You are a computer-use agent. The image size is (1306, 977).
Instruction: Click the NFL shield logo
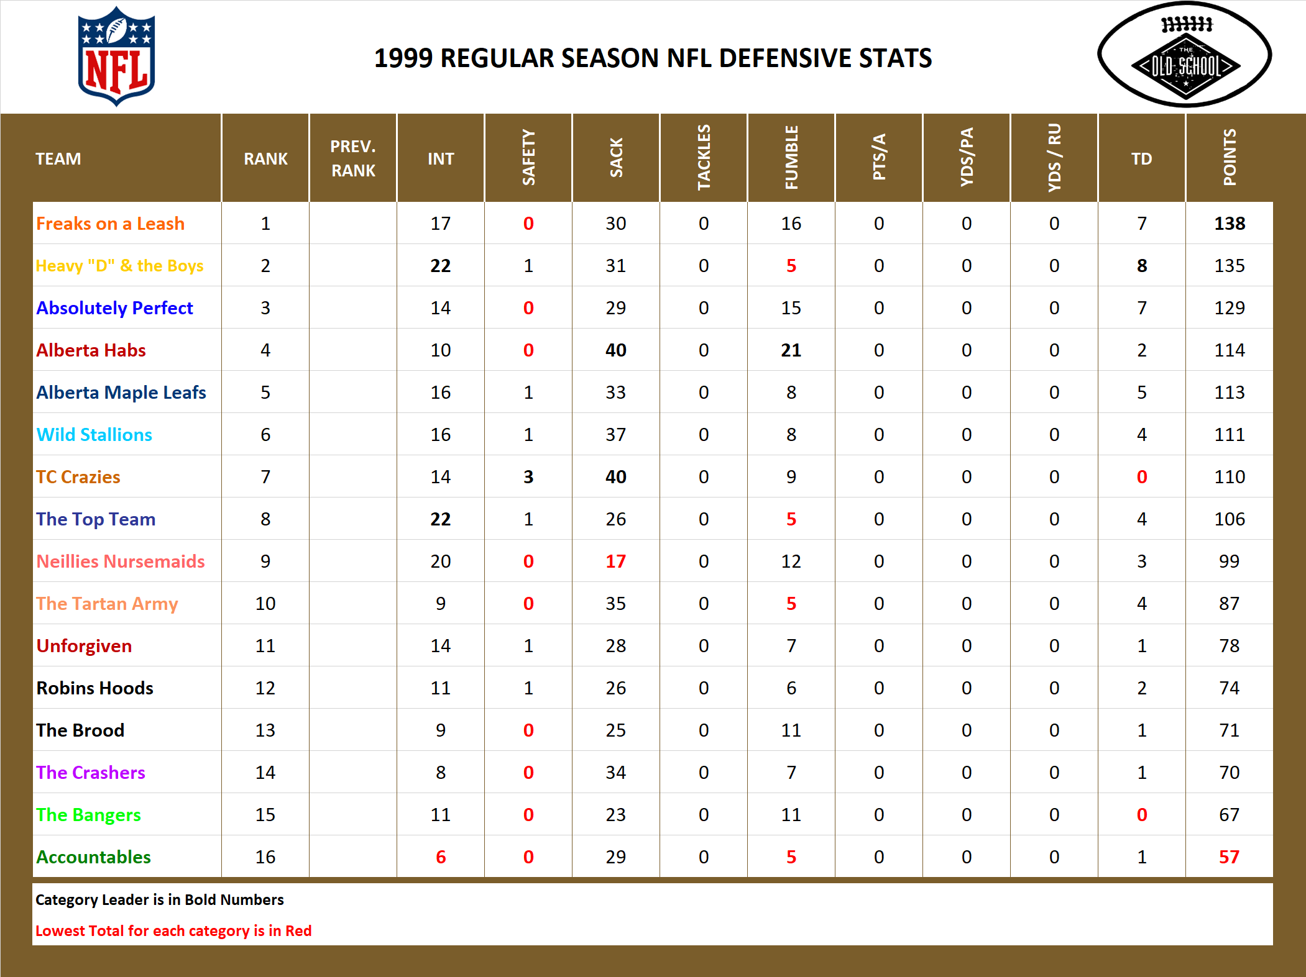coord(116,56)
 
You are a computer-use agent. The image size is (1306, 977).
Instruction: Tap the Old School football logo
coord(1185,55)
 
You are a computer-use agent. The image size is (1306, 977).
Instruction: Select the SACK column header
coord(615,158)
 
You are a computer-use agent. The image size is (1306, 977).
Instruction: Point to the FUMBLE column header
coord(791,158)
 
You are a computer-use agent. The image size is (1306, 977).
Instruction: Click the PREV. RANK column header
coord(353,158)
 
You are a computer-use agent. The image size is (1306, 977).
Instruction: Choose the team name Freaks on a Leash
coord(110,224)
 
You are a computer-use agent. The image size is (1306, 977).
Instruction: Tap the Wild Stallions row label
coord(94,435)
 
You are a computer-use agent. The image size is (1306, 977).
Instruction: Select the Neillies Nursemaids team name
coord(121,561)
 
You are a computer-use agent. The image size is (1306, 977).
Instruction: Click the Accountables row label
coord(93,857)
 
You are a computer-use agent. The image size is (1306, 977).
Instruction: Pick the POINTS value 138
coord(1229,224)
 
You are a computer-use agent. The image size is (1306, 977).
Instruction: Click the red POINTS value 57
coord(1229,857)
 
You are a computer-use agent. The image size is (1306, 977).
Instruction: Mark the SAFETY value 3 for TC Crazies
coord(528,477)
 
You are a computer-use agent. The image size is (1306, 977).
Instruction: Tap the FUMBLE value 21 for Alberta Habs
coord(791,350)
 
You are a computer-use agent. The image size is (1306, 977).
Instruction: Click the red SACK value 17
coord(615,561)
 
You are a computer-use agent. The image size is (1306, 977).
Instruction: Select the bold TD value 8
coord(1141,266)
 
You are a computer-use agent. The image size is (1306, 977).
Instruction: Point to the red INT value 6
coord(441,857)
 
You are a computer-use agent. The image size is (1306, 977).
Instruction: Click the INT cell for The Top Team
coord(441,519)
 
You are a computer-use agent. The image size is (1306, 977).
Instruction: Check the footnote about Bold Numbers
coord(159,900)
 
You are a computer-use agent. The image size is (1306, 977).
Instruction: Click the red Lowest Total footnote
coord(173,931)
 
